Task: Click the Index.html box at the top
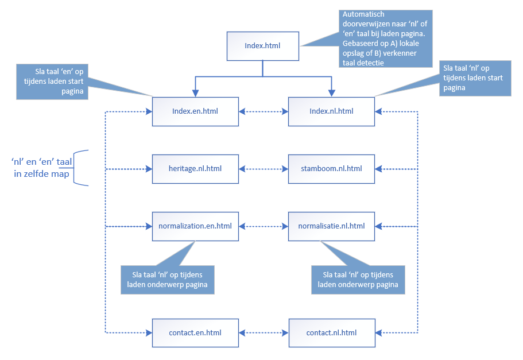coord(263,46)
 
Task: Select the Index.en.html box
coord(195,111)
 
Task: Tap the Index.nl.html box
coord(332,111)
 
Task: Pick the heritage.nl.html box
coord(195,169)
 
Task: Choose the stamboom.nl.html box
coord(332,169)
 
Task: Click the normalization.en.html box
coord(195,226)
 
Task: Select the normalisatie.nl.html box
coord(332,226)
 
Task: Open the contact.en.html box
coord(195,333)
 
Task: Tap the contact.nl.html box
coord(332,333)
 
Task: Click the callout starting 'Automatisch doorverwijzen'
coord(386,38)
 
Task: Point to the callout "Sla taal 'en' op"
coord(52,82)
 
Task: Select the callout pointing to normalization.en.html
coord(168,280)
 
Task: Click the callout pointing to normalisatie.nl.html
coord(358,280)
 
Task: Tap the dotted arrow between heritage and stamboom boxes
coord(264,169)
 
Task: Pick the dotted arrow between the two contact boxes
coord(264,332)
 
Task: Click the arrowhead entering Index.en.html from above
coord(195,94)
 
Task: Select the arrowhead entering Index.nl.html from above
coord(332,94)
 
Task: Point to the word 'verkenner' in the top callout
coord(400,53)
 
